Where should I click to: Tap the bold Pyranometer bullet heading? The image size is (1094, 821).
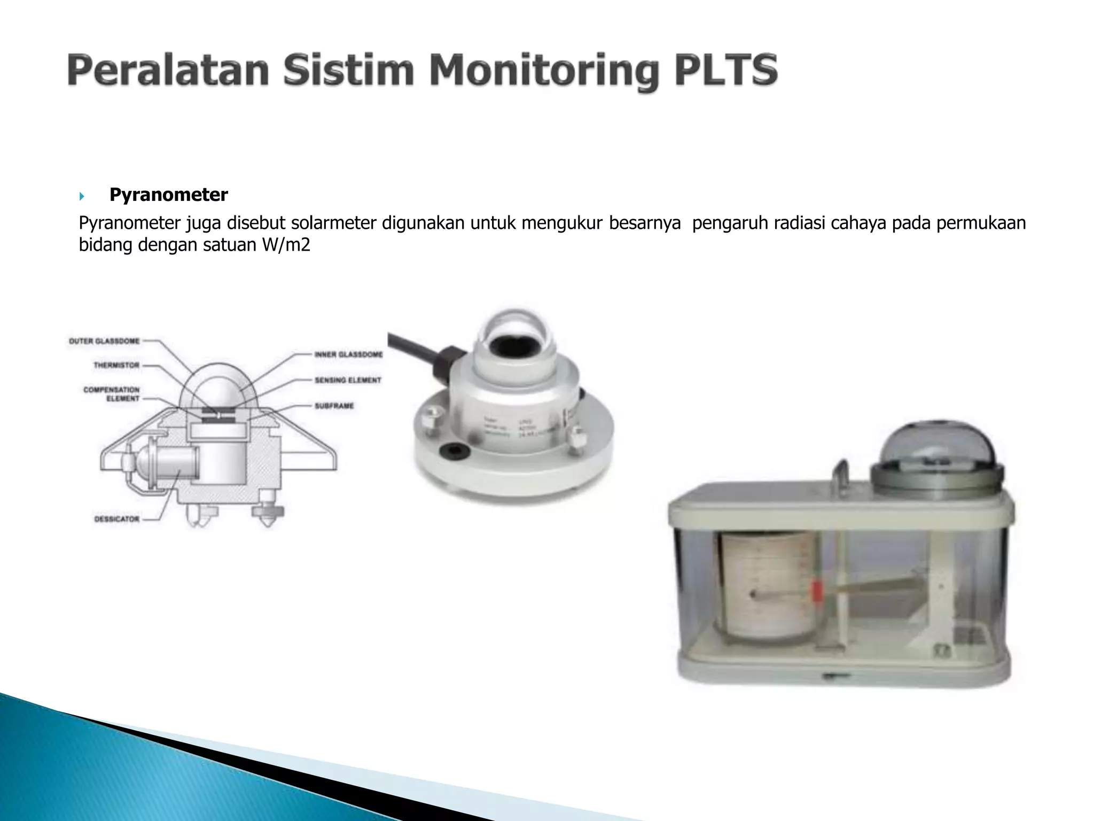[x=168, y=195]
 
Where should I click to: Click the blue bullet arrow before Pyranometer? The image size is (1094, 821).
[x=82, y=197]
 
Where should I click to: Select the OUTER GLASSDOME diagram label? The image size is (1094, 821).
[x=104, y=341]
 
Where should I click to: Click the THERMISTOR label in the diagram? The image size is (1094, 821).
[x=116, y=366]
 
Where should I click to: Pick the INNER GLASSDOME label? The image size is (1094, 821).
[x=348, y=354]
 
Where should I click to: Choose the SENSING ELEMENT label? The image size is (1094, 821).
[x=348, y=380]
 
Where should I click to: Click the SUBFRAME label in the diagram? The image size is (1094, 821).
[x=334, y=406]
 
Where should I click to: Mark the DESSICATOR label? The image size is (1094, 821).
[x=117, y=519]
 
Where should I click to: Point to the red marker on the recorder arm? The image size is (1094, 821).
[x=816, y=593]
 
